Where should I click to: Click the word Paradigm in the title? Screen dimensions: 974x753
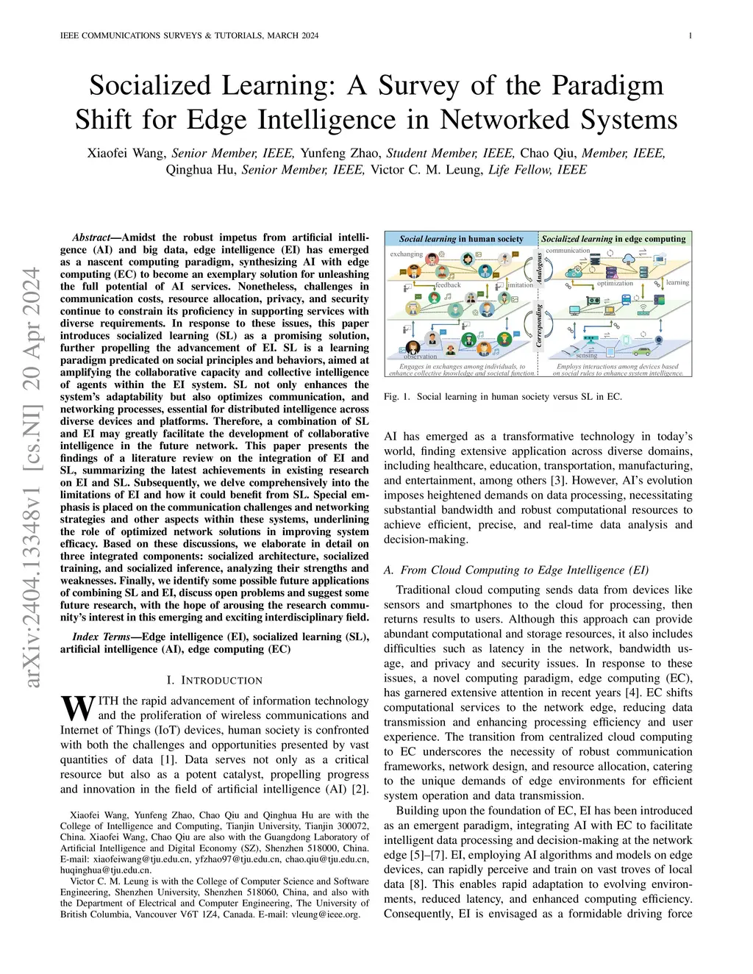tap(604, 85)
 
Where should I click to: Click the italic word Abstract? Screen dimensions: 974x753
tap(91, 238)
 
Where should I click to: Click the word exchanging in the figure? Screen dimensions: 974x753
tap(407, 254)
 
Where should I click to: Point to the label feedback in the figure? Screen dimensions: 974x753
tap(448, 285)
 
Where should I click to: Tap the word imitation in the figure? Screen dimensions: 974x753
tap(521, 285)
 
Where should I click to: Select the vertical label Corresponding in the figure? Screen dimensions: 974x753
tap(539, 328)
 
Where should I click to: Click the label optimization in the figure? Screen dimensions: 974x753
tap(615, 283)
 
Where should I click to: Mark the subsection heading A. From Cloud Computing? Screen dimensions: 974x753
tap(516, 570)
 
